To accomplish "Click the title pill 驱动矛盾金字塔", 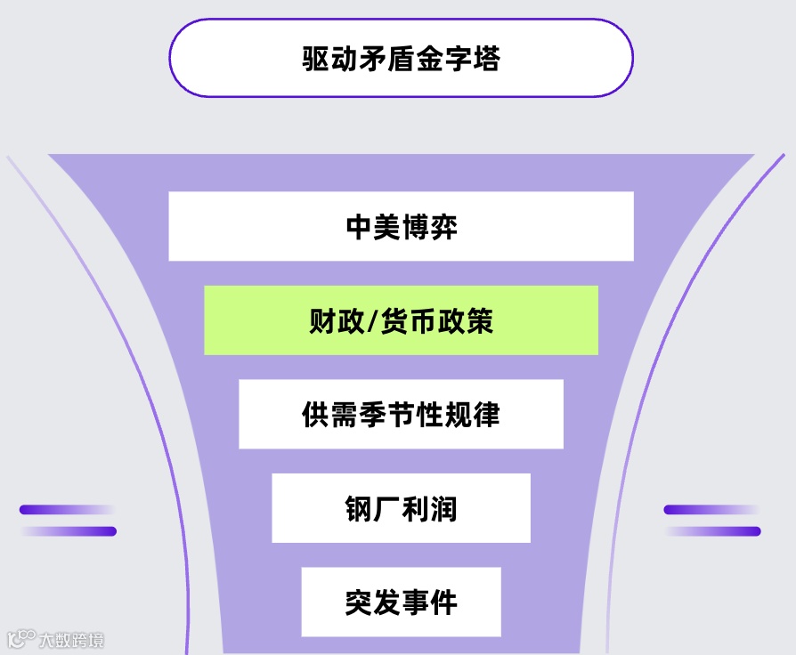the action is (401, 59).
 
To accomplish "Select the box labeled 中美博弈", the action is (401, 226).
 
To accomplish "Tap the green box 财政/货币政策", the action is (401, 320).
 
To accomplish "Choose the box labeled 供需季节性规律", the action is (401, 414).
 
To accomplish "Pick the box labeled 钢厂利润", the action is (401, 508).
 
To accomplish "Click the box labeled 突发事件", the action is (401, 602).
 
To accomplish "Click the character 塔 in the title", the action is (485, 60).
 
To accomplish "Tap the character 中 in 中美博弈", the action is (359, 227).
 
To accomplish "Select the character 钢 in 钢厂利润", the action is (359, 509).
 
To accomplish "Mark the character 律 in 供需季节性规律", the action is (486, 415).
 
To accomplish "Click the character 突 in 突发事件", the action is (359, 602).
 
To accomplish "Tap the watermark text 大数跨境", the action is (70, 640).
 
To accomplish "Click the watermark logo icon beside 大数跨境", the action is (20, 639).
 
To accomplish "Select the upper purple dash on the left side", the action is (67, 510).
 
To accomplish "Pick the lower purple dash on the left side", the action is (69, 531).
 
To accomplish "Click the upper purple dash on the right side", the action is (710, 510).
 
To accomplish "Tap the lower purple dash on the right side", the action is (713, 531).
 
